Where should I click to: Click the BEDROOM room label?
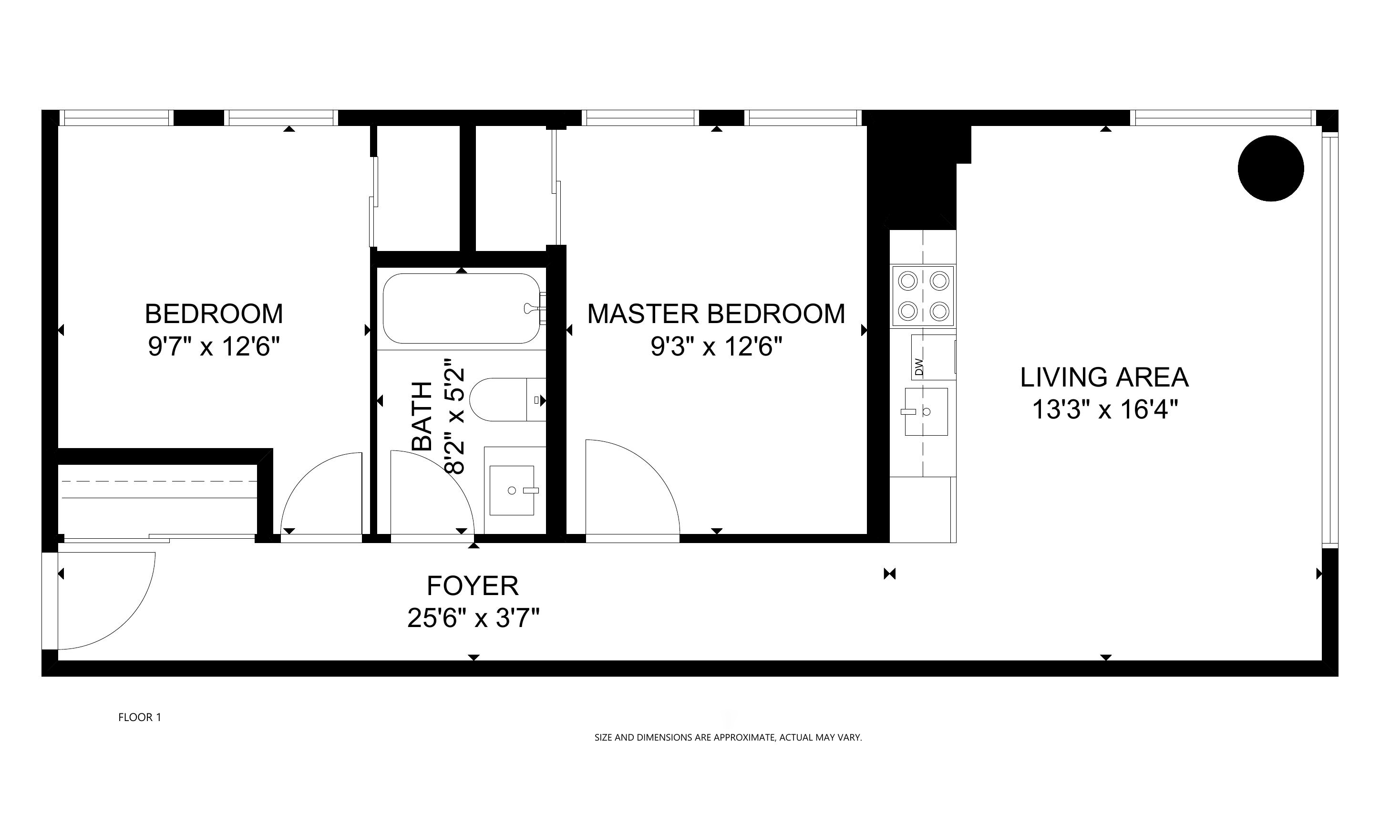pyautogui.click(x=214, y=314)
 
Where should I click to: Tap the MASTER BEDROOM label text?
pyautogui.click(x=716, y=314)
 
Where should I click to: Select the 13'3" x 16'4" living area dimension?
pyautogui.click(x=1105, y=409)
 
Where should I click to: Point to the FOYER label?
pyautogui.click(x=473, y=586)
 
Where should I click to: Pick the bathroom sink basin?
pyautogui.click(x=512, y=491)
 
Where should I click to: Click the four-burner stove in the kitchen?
pyautogui.click(x=923, y=296)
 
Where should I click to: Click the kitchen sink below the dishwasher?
pyautogui.click(x=926, y=412)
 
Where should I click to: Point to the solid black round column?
pyautogui.click(x=1271, y=168)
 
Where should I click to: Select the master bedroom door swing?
pyautogui.click(x=632, y=487)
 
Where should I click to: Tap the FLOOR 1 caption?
pyautogui.click(x=140, y=717)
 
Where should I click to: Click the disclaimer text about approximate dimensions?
pyautogui.click(x=728, y=737)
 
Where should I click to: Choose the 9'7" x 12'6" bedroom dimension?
pyautogui.click(x=214, y=347)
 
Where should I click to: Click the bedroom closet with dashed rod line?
pyautogui.click(x=158, y=498)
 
